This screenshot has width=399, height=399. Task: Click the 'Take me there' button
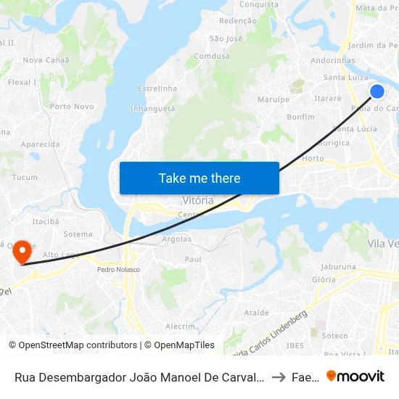pyautogui.click(x=199, y=178)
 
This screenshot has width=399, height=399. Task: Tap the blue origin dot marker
pyautogui.click(x=377, y=91)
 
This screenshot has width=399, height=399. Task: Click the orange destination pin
pyautogui.click(x=22, y=252)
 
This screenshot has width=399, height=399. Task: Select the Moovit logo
pyautogui.click(x=355, y=376)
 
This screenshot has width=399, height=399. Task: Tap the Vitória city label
pyautogui.click(x=197, y=199)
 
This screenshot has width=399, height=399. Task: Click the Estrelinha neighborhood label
pyautogui.click(x=157, y=89)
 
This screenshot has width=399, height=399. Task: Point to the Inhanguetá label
pyautogui.click(x=152, y=108)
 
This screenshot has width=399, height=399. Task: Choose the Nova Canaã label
pyautogui.click(x=46, y=60)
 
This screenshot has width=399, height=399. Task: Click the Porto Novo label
pyautogui.click(x=72, y=107)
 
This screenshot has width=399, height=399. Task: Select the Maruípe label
pyautogui.click(x=274, y=99)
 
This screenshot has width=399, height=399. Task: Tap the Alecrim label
pyautogui.click(x=181, y=326)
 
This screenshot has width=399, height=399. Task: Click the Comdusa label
pyautogui.click(x=212, y=56)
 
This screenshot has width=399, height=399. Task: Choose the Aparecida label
pyautogui.click(x=40, y=144)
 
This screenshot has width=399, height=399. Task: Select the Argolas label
pyautogui.click(x=176, y=239)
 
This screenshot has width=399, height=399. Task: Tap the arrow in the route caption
pyautogui.click(x=279, y=377)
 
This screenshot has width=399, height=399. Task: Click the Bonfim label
pyautogui.click(x=300, y=116)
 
